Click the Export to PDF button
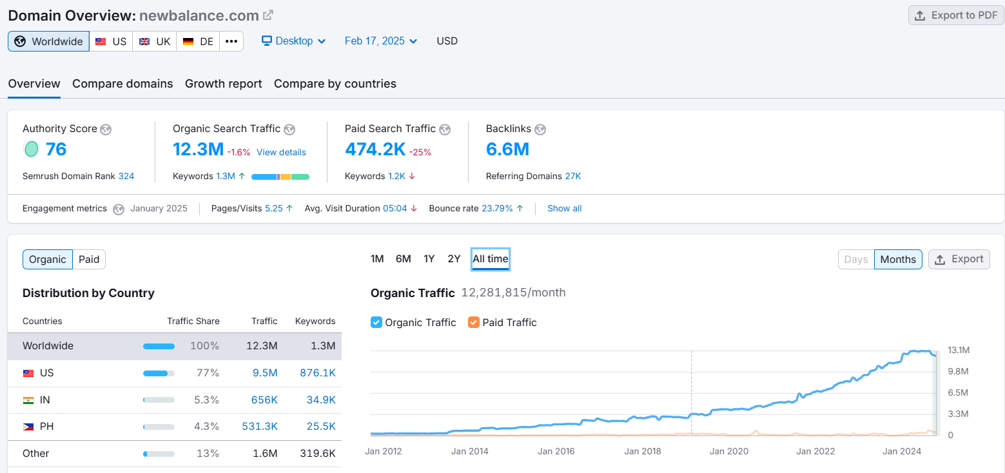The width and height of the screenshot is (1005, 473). (x=956, y=15)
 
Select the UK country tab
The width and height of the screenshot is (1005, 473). (x=155, y=41)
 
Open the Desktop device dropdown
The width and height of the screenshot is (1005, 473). (x=293, y=41)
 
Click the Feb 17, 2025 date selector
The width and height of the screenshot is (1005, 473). (x=380, y=41)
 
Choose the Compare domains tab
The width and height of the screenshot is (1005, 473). (x=122, y=84)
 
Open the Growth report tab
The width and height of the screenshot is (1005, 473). (x=223, y=84)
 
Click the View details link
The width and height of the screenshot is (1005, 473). (x=281, y=153)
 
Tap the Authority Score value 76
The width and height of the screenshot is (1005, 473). (x=56, y=150)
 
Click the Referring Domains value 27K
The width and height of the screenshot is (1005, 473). (x=573, y=176)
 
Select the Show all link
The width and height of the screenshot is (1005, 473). (x=564, y=208)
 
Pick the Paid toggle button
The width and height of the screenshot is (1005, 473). (x=89, y=259)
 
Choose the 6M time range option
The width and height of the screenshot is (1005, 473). (x=403, y=259)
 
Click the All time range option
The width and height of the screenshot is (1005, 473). (x=490, y=259)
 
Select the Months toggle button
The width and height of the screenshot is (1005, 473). (x=897, y=259)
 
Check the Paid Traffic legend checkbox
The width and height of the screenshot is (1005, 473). (x=474, y=322)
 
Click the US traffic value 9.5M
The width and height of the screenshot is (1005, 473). (x=264, y=373)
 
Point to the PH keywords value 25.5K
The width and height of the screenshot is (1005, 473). (x=321, y=427)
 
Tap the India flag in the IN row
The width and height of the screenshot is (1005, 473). (x=28, y=400)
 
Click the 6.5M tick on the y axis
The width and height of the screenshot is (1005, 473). (x=959, y=392)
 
